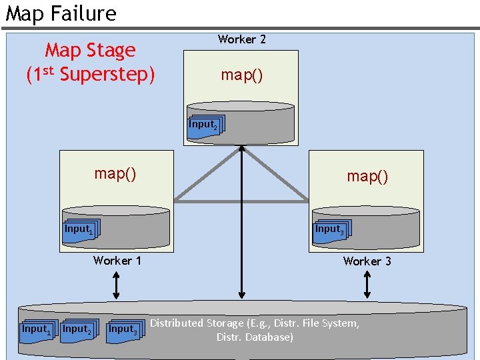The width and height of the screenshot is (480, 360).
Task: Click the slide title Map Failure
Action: pos(61,13)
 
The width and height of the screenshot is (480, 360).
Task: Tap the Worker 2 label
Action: pos(241,39)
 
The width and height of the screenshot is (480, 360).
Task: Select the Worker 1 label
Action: pos(117,261)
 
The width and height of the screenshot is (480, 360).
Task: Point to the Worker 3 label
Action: pos(367,261)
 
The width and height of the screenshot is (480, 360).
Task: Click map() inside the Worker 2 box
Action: pos(241,75)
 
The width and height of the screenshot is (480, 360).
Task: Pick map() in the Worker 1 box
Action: pos(115,174)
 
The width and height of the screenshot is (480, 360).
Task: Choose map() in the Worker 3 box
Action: pos(367,177)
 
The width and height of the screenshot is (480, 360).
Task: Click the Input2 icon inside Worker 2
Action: pos(205,126)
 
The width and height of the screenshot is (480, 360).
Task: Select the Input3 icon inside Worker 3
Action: pos(331,230)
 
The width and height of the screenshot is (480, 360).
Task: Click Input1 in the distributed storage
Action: pos(37,330)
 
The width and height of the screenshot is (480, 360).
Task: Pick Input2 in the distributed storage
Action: pos(78,330)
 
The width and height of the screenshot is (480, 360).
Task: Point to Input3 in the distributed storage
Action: pos(125,330)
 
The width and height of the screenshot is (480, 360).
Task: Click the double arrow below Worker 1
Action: pos(117,285)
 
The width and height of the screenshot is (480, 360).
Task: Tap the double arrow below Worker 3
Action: pos(367,285)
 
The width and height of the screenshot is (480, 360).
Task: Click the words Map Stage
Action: pos(90,50)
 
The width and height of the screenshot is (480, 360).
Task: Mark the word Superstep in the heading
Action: pos(107,74)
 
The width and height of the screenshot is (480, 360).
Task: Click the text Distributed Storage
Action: pos(197,323)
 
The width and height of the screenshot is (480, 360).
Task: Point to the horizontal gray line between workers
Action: pos(241,201)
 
